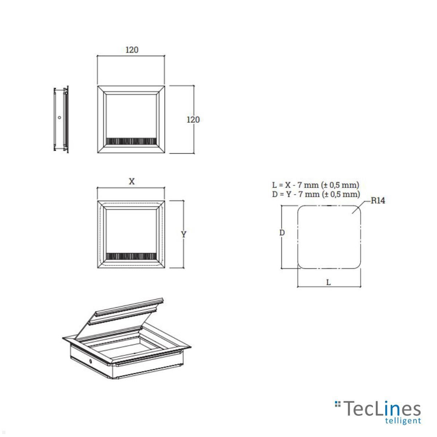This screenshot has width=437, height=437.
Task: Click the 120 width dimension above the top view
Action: (132, 50)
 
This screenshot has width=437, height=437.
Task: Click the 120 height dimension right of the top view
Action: (193, 119)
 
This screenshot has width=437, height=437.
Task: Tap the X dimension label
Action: (132, 181)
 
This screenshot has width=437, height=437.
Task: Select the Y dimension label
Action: (184, 235)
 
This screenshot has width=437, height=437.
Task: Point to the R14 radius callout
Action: (378, 201)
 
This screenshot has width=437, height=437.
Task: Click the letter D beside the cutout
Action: (282, 232)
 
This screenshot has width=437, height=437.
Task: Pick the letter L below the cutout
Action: (328, 282)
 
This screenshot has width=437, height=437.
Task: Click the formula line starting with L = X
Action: (315, 185)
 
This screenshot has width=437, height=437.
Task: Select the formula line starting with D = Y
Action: (316, 194)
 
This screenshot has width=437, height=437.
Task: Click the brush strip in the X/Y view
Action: (131, 256)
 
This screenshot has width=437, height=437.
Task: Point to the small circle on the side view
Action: (59, 118)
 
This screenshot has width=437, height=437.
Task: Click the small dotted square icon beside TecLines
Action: (338, 404)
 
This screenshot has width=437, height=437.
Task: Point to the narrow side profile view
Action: (61, 119)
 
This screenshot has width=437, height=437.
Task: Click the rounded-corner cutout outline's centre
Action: (329, 237)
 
